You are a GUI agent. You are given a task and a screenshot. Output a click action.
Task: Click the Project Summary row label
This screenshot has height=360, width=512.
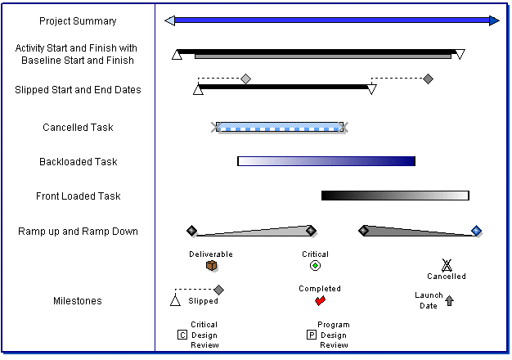(x=78, y=21)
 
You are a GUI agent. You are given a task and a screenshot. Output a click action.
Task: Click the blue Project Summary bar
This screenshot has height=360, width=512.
(x=331, y=20)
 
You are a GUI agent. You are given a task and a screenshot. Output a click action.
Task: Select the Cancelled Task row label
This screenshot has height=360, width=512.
(x=78, y=128)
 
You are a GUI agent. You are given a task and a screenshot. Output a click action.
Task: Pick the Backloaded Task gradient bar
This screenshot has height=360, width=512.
(x=326, y=161)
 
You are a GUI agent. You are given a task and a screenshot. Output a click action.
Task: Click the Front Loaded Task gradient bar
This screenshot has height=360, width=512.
(x=395, y=196)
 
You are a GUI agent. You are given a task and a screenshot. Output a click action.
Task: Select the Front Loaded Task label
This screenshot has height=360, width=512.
(x=78, y=196)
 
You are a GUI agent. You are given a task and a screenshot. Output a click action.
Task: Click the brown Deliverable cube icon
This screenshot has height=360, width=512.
(x=211, y=266)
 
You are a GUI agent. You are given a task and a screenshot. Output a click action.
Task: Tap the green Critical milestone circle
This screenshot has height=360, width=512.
(x=315, y=266)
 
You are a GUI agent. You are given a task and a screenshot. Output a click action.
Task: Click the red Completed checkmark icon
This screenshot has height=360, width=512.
(x=320, y=300)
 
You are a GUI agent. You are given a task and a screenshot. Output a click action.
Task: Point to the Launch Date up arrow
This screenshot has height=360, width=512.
(x=449, y=301)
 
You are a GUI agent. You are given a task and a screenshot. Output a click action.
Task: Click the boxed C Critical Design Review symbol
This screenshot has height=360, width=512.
(x=182, y=335)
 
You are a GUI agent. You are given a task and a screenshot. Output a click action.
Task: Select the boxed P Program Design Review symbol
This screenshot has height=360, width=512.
(x=311, y=335)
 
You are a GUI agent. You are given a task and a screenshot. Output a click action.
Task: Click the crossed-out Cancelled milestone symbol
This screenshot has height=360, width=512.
(x=447, y=264)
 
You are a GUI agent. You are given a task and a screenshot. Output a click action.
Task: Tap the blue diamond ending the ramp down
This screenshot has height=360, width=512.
(x=477, y=231)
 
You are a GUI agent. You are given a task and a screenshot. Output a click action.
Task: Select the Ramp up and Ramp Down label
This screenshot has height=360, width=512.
(x=78, y=232)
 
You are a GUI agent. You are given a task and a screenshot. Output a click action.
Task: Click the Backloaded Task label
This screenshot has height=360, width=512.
(x=78, y=162)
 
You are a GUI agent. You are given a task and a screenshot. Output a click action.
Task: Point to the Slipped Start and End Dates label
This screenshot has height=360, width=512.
(x=78, y=90)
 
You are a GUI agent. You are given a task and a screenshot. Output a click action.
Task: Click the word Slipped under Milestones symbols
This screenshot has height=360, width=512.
(x=204, y=301)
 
